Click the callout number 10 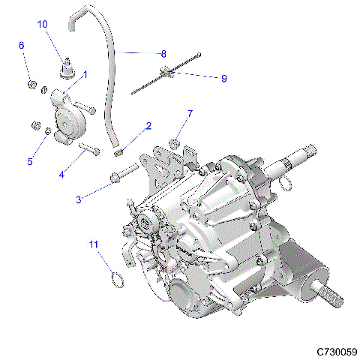tap(42, 25)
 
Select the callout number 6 tap(21, 46)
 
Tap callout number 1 tap(85, 75)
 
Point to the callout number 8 tap(163, 53)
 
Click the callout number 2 tap(148, 126)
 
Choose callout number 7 tap(190, 113)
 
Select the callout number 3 tap(79, 199)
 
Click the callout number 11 tap(94, 244)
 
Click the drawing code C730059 tap(336, 351)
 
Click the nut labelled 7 tap(175, 140)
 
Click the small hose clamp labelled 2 tap(118, 152)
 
